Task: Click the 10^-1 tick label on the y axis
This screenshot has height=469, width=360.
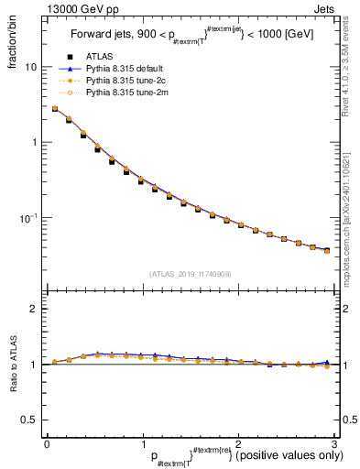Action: tap(27, 218)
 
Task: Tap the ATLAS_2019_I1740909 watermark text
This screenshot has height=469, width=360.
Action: tap(190, 273)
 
